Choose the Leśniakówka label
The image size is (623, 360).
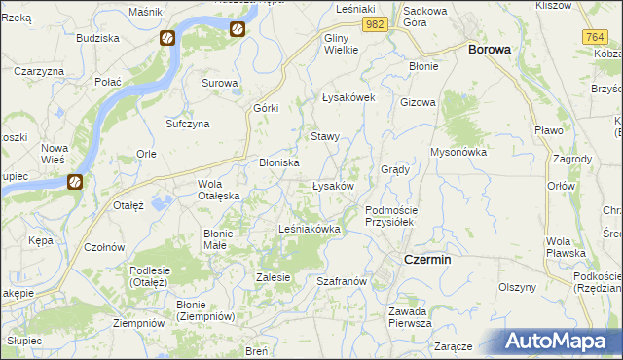point(309,230)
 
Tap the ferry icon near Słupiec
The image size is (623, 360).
point(74,182)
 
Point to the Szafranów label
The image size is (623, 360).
point(341,280)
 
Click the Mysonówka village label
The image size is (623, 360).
point(458,152)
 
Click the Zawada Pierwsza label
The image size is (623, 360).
point(410,317)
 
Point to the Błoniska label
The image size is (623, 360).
point(278,163)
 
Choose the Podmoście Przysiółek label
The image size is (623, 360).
point(390,216)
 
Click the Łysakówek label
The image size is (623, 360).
point(348,98)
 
